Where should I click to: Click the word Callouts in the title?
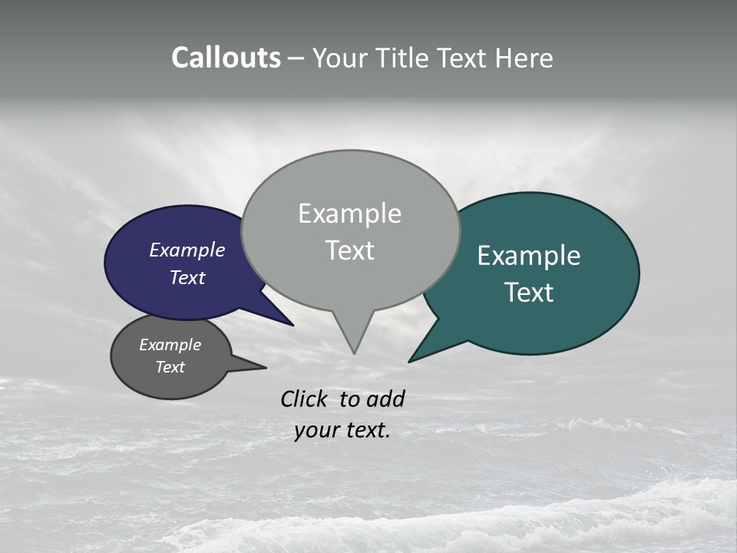pos(226,58)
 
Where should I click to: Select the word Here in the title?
pos(525,58)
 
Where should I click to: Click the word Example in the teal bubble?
pos(528,256)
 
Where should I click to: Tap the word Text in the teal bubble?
pos(529,292)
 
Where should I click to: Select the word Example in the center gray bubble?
pos(349,214)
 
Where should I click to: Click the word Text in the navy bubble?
pos(187,277)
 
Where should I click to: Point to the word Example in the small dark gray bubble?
pos(170,345)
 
